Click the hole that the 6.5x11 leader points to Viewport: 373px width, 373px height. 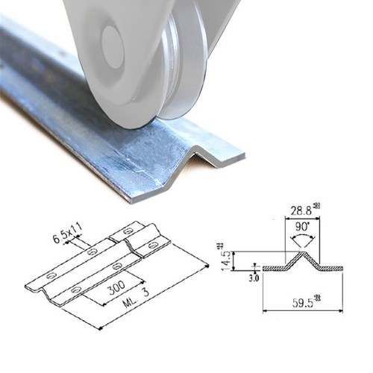[92, 251]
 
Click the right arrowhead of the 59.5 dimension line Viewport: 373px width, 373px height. [341, 310]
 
